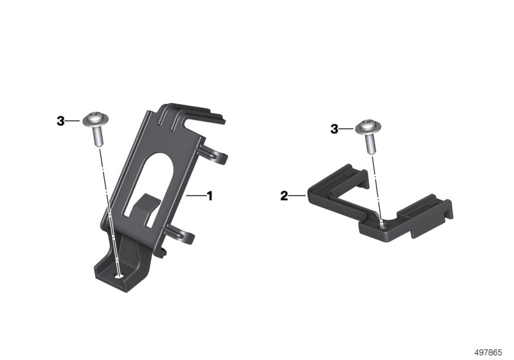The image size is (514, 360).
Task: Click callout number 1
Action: [x=209, y=196]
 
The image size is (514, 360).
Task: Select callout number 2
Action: [x=284, y=196]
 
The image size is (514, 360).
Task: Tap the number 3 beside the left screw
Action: [x=60, y=121]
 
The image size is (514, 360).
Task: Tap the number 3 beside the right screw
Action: [x=334, y=129]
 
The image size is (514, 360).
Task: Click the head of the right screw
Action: [x=369, y=127]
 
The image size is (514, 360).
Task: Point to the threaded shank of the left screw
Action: [x=98, y=136]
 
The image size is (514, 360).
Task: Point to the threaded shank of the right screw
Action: [x=371, y=143]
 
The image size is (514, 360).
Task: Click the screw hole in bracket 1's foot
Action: [x=120, y=276]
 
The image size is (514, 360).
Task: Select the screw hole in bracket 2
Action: [x=383, y=225]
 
